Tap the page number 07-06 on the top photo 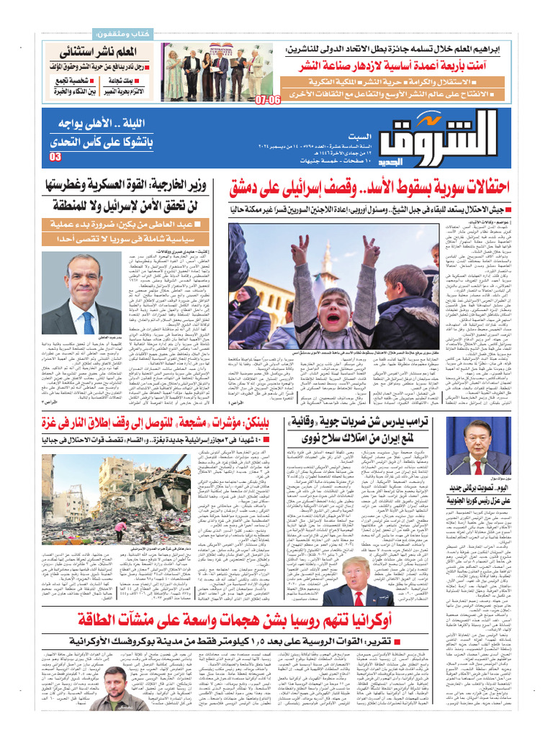(267, 100)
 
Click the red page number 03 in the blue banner (55, 158)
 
